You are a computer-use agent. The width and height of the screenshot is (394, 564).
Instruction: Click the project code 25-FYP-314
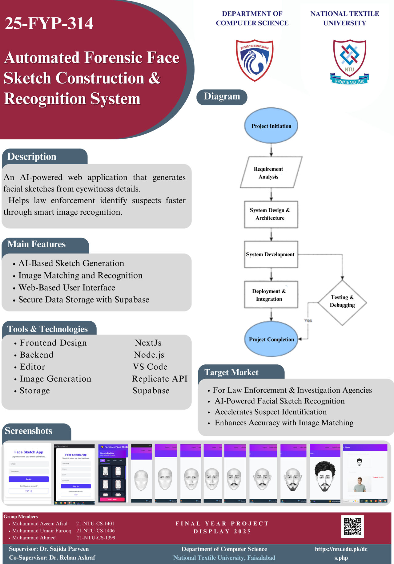click(49, 23)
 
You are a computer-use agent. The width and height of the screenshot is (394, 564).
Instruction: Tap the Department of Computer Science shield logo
click(255, 60)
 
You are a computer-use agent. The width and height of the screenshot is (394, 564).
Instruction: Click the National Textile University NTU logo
click(349, 61)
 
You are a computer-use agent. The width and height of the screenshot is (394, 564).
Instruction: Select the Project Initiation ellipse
click(271, 126)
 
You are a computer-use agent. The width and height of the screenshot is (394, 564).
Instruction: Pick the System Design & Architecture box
click(271, 214)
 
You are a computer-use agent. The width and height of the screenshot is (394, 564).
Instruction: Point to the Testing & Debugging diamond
click(342, 302)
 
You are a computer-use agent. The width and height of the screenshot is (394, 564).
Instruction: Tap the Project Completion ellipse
click(271, 339)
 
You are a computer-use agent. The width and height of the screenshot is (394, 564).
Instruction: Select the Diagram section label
click(222, 97)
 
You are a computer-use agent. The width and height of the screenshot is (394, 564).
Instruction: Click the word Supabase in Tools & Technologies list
click(151, 391)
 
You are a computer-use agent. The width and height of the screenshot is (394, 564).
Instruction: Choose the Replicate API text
click(159, 379)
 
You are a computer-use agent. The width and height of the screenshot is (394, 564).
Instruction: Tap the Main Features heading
click(36, 244)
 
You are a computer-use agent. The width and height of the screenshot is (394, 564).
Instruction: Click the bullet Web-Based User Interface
click(67, 288)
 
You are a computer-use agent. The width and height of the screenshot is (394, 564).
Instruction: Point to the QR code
click(352, 526)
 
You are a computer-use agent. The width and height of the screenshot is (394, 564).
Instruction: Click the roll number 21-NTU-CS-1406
click(95, 531)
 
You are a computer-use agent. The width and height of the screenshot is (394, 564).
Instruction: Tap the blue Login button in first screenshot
click(29, 479)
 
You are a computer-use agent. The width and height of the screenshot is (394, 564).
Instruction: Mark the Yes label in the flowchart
click(308, 321)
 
